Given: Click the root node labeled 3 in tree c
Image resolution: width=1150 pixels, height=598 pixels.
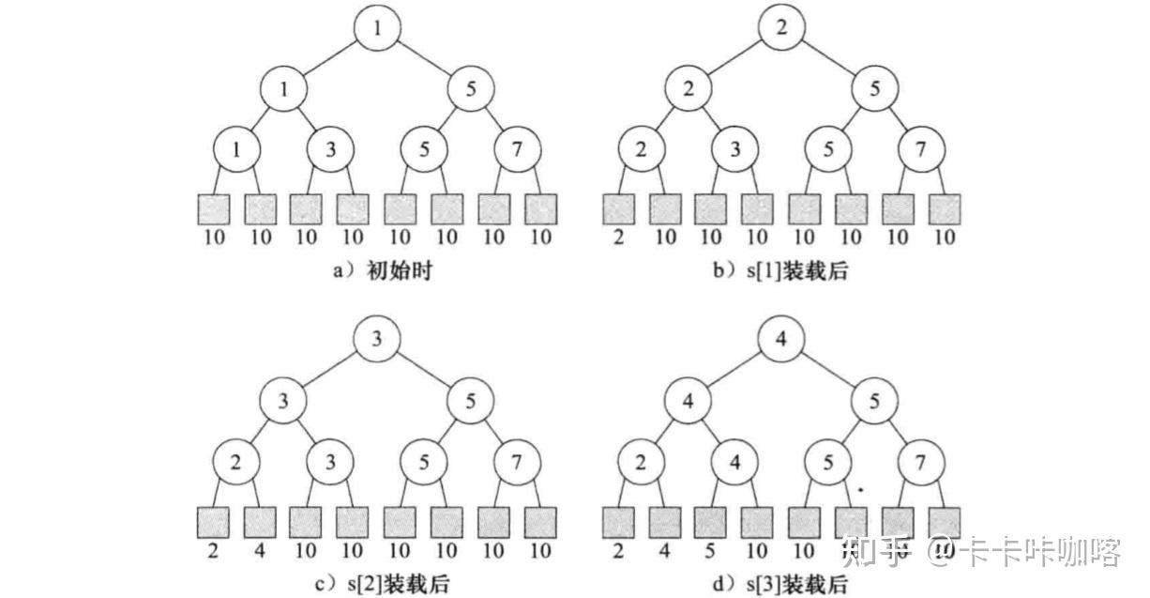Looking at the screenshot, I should click(377, 340).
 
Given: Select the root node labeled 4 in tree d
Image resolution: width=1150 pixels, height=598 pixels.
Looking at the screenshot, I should click(782, 340).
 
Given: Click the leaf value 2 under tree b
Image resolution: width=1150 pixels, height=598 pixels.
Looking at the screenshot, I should click(619, 237).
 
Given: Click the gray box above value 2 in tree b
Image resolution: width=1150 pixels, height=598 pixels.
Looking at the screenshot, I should click(619, 208).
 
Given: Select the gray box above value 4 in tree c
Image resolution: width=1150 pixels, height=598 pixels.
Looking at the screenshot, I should click(260, 522).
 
